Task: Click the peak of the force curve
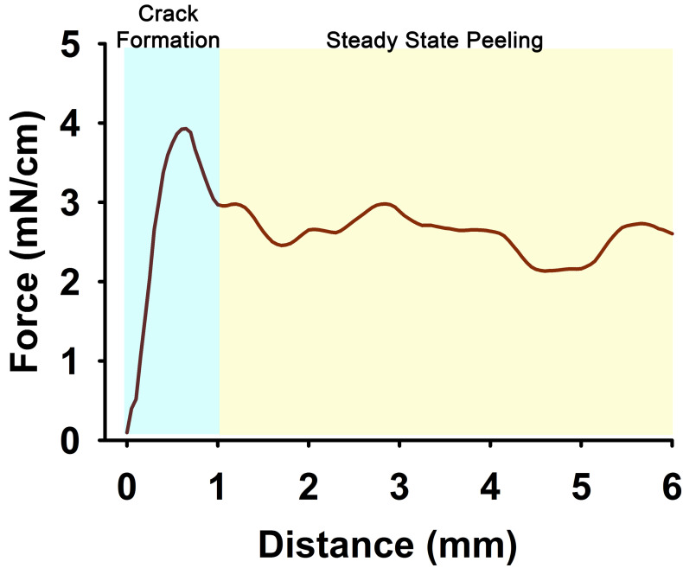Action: (183, 129)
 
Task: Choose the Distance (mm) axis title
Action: (388, 545)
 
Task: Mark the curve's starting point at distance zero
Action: (127, 431)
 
